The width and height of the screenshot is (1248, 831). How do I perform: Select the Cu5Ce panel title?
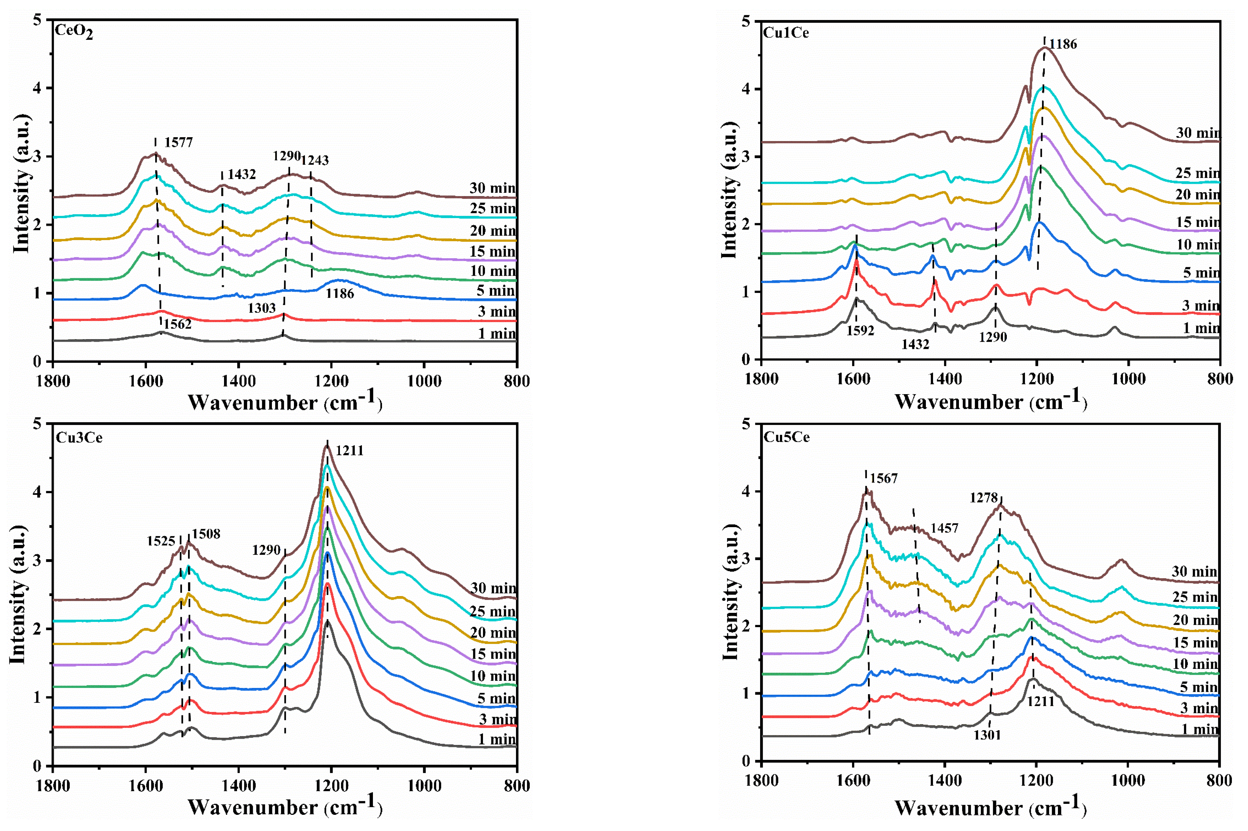pos(786,437)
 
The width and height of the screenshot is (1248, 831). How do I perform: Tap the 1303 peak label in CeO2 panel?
pos(261,308)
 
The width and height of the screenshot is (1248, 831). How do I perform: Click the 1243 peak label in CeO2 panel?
pos(315,160)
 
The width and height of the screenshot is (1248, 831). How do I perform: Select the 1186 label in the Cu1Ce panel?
pos(1062,44)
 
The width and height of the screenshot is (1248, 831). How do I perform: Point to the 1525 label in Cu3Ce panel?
pos(161,541)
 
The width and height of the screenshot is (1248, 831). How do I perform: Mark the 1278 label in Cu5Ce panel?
pos(984,498)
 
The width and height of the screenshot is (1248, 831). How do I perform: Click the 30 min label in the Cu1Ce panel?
pos(1197,132)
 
